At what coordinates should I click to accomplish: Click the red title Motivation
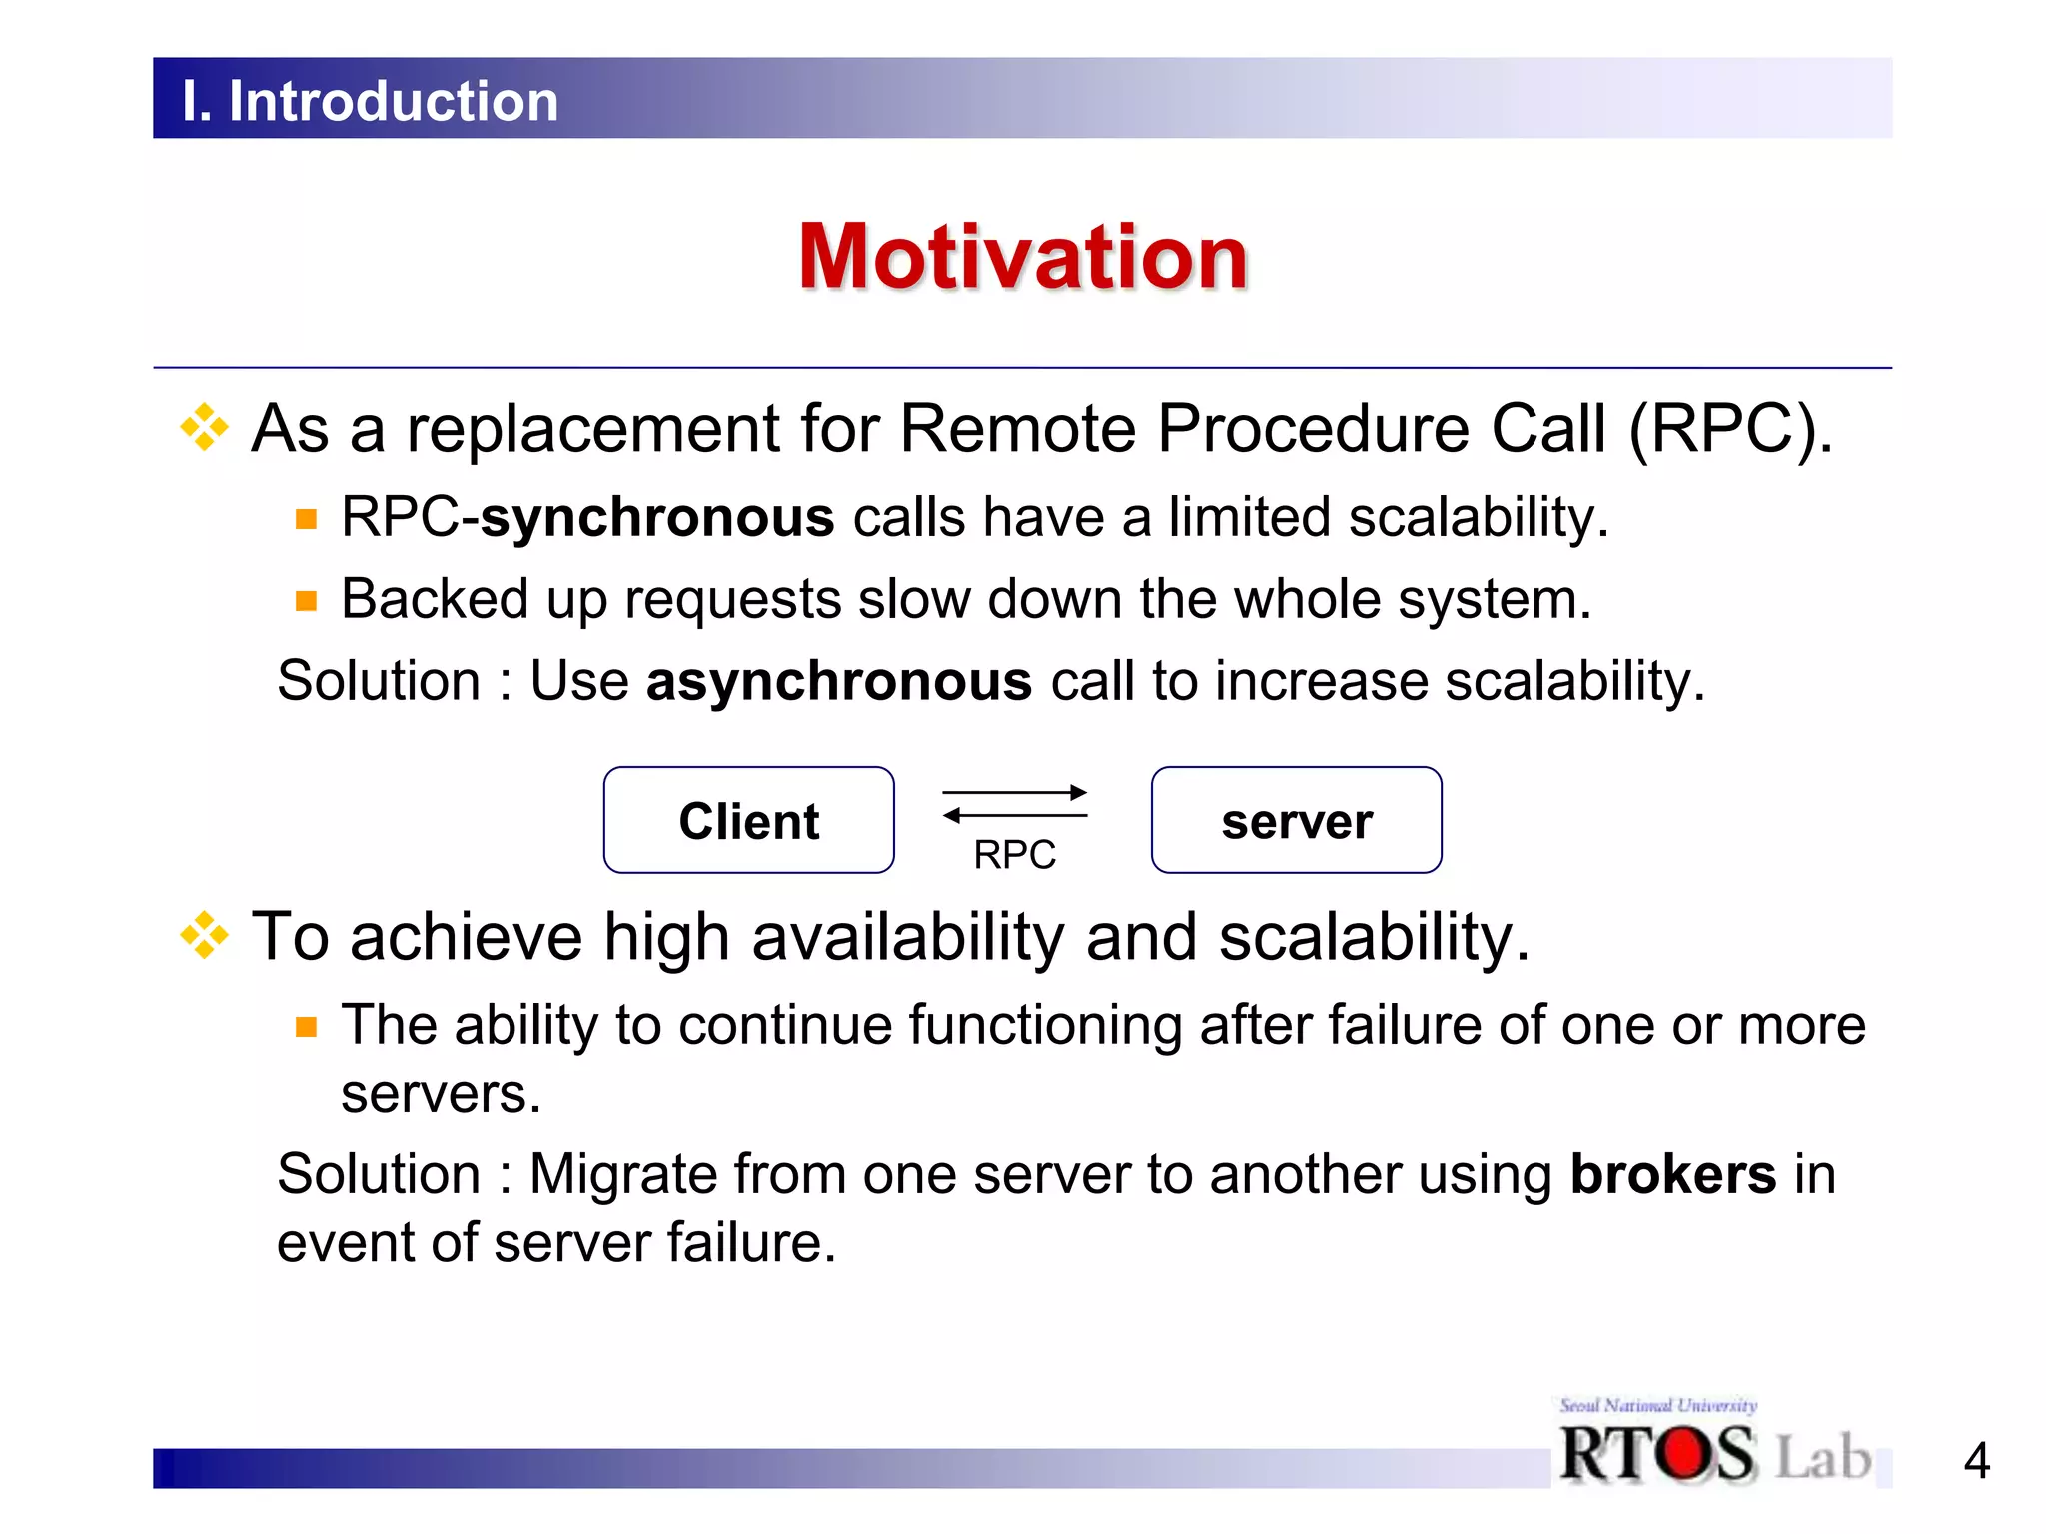pyautogui.click(x=1023, y=257)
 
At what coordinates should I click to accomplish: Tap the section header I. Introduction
pyautogui.click(x=370, y=101)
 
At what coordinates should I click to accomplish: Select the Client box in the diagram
pyautogui.click(x=748, y=821)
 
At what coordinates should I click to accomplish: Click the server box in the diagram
pyautogui.click(x=1296, y=821)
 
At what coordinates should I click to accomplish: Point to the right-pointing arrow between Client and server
pyautogui.click(x=1015, y=793)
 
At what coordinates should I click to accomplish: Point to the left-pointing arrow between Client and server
pyautogui.click(x=1013, y=816)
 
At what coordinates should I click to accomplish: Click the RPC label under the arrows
pyautogui.click(x=1014, y=855)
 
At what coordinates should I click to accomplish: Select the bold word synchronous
pyautogui.click(x=657, y=518)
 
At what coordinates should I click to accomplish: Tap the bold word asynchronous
pyautogui.click(x=838, y=682)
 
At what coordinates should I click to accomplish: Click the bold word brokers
pyautogui.click(x=1672, y=1174)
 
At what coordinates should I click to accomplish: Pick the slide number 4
pyautogui.click(x=1976, y=1462)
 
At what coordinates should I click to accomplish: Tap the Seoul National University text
pyautogui.click(x=1658, y=1405)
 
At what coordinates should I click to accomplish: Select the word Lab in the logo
pyautogui.click(x=1823, y=1457)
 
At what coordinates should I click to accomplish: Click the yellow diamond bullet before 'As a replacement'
pyautogui.click(x=205, y=428)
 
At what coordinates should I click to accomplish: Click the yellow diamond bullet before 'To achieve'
pyautogui.click(x=205, y=936)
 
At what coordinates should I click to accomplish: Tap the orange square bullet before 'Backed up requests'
pyautogui.click(x=306, y=601)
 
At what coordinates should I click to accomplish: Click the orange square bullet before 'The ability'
pyautogui.click(x=306, y=1027)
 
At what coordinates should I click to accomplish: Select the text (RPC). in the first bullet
pyautogui.click(x=1730, y=430)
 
